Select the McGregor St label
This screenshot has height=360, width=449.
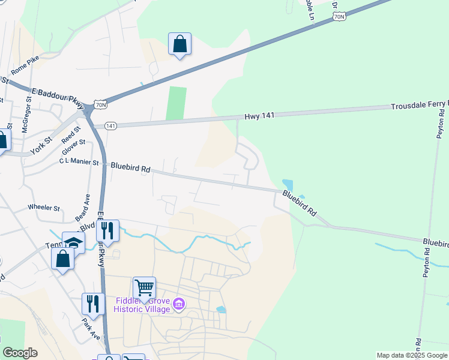tap(26, 113)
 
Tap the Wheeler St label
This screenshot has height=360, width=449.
tap(44, 208)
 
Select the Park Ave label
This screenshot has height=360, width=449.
tap(91, 329)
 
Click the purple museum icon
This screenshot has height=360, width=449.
tap(178, 305)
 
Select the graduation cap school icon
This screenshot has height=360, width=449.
tap(73, 243)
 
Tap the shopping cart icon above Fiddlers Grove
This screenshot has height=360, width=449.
tap(145, 288)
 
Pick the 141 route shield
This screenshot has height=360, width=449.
tap(110, 126)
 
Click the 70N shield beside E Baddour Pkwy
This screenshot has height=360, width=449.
tap(101, 105)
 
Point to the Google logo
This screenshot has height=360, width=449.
tap(20, 353)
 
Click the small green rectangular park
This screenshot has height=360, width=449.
tap(176, 103)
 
